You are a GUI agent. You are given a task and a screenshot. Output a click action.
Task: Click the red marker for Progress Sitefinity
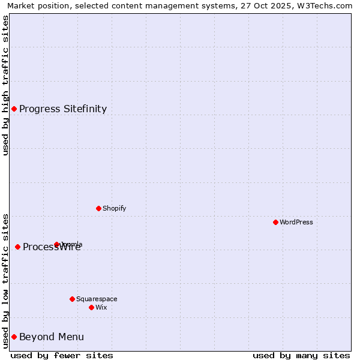[14, 109]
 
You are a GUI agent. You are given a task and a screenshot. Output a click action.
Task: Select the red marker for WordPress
[275, 222]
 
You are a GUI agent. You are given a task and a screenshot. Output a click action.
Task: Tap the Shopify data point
[98, 208]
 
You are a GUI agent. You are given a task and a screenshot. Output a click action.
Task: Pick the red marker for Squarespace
[72, 299]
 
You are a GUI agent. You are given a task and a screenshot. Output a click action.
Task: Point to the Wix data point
[91, 307]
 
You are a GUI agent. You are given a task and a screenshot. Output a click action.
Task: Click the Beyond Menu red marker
[14, 337]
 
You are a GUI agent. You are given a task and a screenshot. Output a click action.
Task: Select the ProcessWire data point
[17, 247]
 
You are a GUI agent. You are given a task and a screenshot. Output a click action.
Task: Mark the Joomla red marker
[56, 244]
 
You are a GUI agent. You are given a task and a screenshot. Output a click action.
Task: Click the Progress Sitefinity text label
[63, 109]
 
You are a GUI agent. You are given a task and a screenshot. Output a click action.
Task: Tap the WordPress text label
[296, 222]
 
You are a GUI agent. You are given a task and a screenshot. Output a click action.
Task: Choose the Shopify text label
[114, 208]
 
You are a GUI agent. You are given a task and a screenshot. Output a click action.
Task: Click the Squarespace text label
[97, 299]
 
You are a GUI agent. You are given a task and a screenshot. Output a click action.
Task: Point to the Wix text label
[101, 307]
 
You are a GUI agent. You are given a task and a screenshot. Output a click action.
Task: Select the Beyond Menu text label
[52, 337]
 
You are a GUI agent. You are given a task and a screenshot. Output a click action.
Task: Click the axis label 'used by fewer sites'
[62, 355]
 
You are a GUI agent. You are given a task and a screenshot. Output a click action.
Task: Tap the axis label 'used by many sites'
[301, 355]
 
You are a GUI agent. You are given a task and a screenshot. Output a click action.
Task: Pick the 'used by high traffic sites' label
[5, 85]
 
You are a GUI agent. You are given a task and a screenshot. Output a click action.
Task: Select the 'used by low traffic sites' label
[5, 281]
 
